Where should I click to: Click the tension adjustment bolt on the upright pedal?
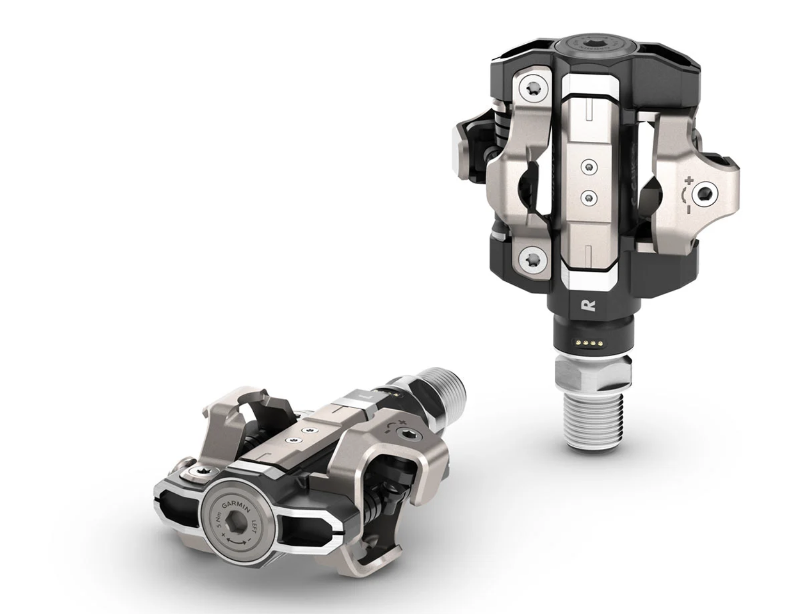tap(705, 193)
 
